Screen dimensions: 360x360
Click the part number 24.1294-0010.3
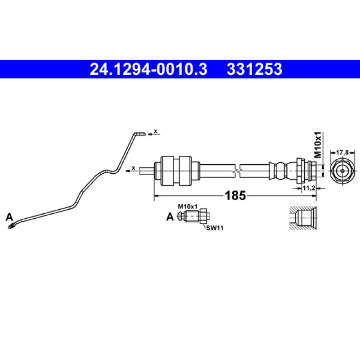point(148,69)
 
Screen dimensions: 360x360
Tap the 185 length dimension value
point(235,196)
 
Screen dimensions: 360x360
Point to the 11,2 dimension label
point(308,189)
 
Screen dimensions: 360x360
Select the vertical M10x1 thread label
point(318,144)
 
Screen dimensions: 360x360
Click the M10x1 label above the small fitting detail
point(188,206)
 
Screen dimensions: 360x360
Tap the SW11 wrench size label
point(215,228)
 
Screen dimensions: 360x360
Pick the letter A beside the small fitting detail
point(170,217)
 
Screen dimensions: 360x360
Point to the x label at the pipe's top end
point(156,131)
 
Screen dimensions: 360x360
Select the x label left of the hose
point(134,168)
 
